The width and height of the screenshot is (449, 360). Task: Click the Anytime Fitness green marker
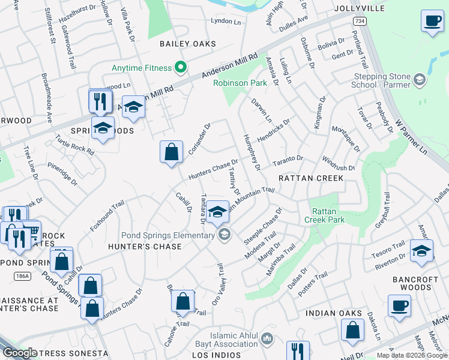tap(179, 66)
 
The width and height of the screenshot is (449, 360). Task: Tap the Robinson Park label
tap(240, 83)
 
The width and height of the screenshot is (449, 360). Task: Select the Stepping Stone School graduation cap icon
tap(419, 79)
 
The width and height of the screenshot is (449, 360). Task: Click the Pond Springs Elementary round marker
tap(224, 235)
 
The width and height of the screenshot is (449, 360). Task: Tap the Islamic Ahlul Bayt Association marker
tap(267, 339)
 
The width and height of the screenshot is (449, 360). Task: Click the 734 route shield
tap(359, 21)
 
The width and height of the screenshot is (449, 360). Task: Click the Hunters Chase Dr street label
tap(213, 169)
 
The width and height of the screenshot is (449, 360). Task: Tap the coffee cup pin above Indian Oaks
tap(399, 306)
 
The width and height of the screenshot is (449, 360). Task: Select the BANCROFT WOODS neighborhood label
tap(420, 284)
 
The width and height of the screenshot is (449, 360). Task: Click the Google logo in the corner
tap(20, 353)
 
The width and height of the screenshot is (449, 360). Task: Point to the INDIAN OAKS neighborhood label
tap(334, 313)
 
